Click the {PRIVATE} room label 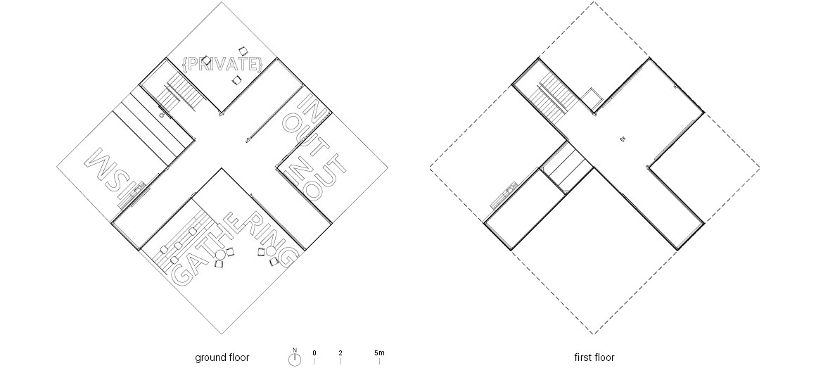click(223, 64)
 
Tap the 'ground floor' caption click(222, 357)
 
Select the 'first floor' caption click(594, 357)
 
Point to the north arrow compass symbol click(295, 359)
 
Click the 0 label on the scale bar click(314, 353)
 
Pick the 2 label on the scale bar click(340, 353)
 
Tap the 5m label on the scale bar click(379, 353)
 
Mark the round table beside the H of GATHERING click(221, 254)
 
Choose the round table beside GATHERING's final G click(271, 252)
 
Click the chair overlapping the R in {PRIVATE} click(207, 61)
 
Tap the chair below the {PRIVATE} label click(237, 80)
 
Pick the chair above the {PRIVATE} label click(243, 51)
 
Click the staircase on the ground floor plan click(180, 91)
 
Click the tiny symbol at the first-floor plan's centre click(622, 139)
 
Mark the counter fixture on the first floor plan click(504, 195)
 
